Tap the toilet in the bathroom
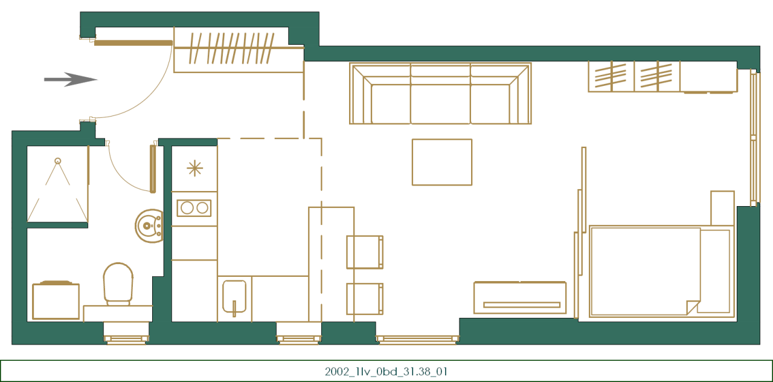click(118, 283)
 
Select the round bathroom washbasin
click(149, 226)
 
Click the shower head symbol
click(58, 161)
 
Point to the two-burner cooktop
click(194, 208)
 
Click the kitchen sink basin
click(234, 297)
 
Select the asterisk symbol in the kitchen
click(194, 168)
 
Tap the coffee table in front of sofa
click(441, 162)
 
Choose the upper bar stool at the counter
click(364, 252)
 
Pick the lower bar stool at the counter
click(364, 299)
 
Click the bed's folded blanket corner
click(693, 307)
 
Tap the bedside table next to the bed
click(722, 208)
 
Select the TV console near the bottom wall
click(520, 298)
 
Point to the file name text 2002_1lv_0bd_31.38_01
click(386, 371)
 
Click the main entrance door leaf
click(133, 43)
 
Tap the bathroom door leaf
click(153, 168)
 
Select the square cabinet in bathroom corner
click(56, 301)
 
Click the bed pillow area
click(715, 271)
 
